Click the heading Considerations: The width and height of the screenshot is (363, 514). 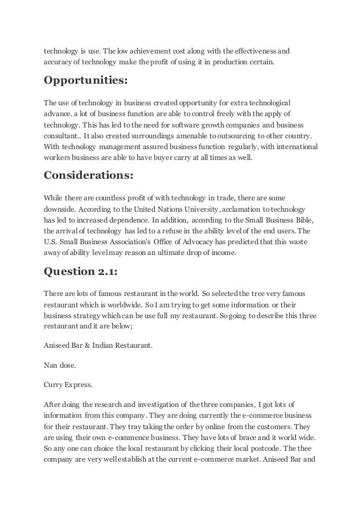(x=89, y=175)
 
